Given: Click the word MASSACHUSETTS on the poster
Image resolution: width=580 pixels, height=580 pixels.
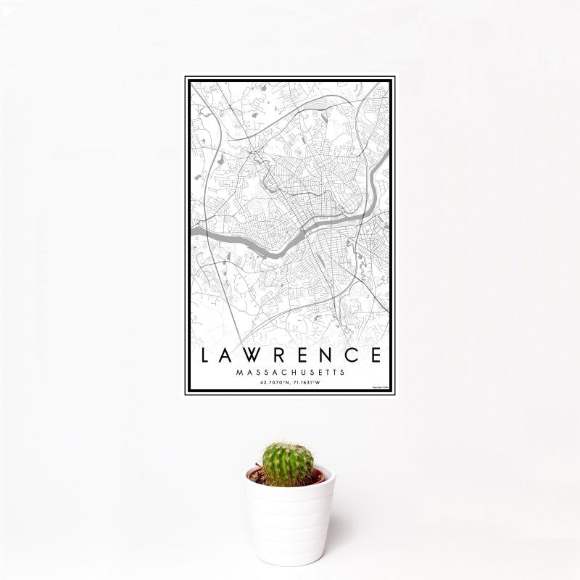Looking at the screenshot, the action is pyautogui.click(x=290, y=372).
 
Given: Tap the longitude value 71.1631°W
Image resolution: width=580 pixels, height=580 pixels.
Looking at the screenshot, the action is pyautogui.click(x=310, y=382).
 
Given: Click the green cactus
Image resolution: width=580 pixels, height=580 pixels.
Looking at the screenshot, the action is pyautogui.click(x=288, y=465).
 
